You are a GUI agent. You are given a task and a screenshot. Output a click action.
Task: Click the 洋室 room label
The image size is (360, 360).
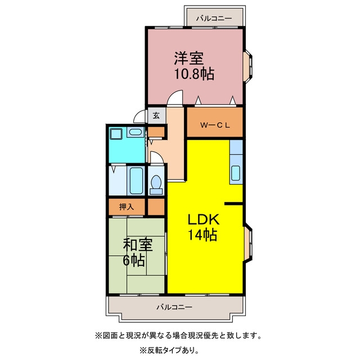click(189, 58)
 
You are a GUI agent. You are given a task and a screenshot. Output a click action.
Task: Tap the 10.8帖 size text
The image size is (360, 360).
click(194, 74)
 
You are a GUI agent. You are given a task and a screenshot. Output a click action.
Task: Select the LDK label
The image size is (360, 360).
click(204, 219)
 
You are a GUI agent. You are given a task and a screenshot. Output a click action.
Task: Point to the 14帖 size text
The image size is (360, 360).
click(202, 235)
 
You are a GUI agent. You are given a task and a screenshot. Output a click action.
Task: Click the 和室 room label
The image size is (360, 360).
click(137, 245)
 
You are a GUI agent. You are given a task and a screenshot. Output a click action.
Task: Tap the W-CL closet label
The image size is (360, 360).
click(215, 125)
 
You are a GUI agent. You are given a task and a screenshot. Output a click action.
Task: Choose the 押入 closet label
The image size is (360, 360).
click(126, 207)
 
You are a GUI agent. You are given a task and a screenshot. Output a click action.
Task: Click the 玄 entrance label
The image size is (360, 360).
click(156, 115)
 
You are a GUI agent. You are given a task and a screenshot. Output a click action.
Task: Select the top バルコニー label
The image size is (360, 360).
click(214, 18)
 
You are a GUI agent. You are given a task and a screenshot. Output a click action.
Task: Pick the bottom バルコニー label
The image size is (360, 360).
click(174, 307)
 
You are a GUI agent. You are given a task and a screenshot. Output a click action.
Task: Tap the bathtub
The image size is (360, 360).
click(136, 181)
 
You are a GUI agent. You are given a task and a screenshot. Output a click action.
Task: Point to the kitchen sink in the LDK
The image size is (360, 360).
click(236, 173)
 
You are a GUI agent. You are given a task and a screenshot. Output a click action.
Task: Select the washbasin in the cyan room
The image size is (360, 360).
click(135, 132)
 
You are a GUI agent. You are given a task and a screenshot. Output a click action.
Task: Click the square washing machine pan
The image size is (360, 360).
click(116, 134)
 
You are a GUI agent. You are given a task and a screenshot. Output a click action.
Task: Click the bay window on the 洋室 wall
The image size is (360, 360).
click(248, 66)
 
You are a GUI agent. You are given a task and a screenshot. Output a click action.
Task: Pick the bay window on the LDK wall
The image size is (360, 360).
click(248, 244)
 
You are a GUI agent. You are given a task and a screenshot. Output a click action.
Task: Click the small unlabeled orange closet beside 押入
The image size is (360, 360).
click(156, 207)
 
